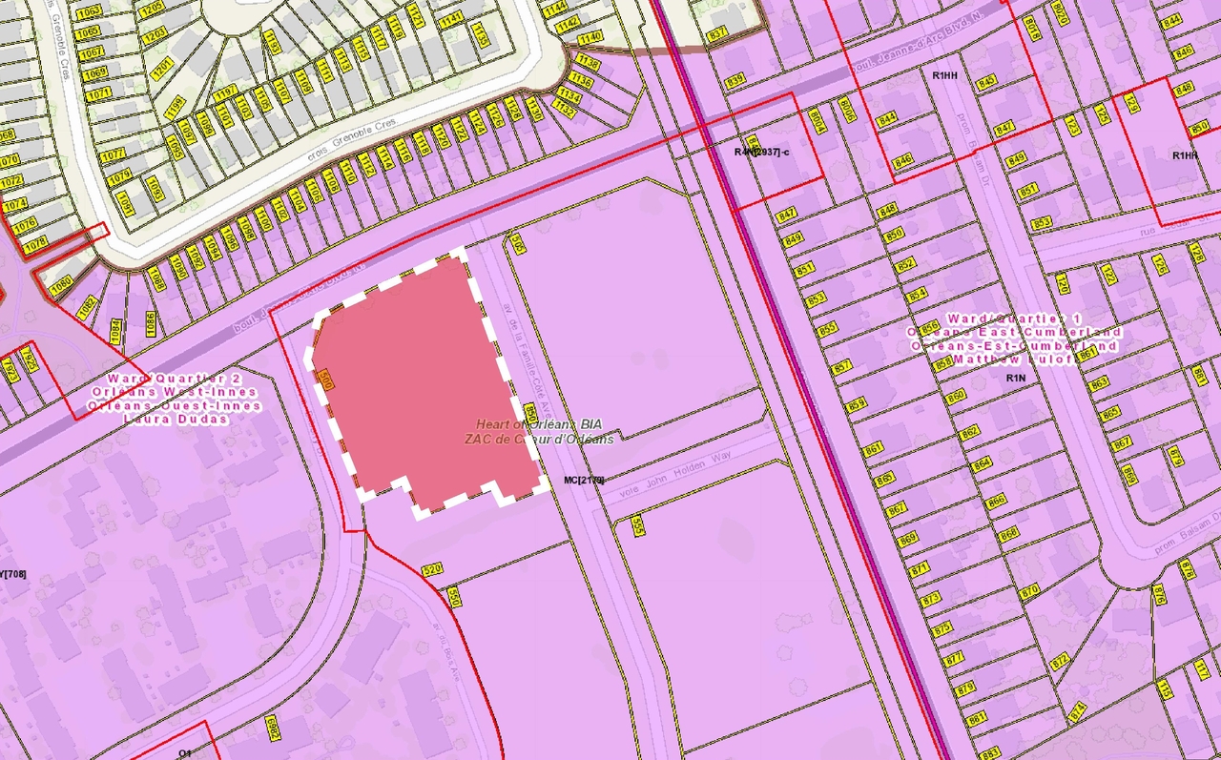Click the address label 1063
click(88, 10)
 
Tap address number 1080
click(62, 284)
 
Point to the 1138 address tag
click(588, 63)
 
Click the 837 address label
click(717, 33)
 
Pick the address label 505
click(517, 244)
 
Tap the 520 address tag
click(432, 569)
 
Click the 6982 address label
click(272, 729)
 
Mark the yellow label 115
click(1165, 688)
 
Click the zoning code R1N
click(1015, 379)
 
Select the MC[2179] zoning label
click(584, 480)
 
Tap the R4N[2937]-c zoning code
click(762, 152)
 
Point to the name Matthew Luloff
click(1015, 359)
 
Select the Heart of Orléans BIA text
click(540, 423)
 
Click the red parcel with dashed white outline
click(429, 381)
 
